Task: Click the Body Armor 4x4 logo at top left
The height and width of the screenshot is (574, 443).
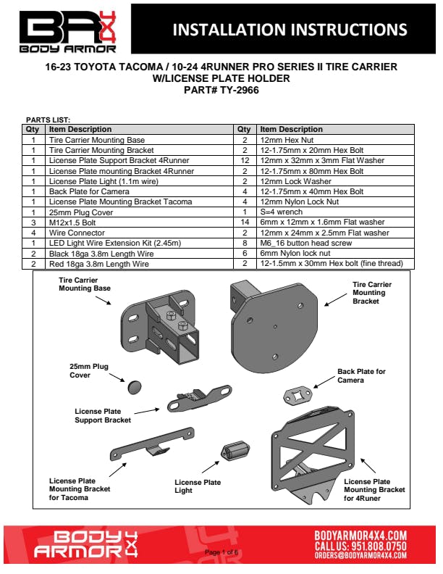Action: (67, 32)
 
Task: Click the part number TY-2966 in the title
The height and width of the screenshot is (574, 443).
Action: (240, 90)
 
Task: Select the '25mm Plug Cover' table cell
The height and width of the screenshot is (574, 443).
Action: (139, 212)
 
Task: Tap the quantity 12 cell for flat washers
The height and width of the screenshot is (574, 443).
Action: (245, 160)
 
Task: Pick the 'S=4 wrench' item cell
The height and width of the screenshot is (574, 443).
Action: (335, 212)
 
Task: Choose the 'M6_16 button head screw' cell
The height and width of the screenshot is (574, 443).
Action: (335, 243)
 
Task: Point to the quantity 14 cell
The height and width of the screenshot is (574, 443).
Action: (245, 222)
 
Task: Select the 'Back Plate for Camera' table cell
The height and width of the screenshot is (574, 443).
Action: (139, 191)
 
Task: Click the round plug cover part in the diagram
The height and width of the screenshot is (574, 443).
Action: (135, 387)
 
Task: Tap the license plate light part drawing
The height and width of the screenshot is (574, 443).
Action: (235, 450)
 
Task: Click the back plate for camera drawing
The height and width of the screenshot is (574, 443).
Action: (298, 396)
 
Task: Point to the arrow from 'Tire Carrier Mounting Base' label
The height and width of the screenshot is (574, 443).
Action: (103, 300)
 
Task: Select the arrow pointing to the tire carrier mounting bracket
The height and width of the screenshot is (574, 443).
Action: (336, 299)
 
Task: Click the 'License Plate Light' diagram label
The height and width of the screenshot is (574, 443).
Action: (198, 486)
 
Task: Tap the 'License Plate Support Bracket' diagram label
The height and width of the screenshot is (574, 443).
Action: (103, 415)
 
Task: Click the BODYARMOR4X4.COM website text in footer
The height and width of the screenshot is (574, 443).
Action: (360, 536)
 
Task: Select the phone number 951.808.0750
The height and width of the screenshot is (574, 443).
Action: (379, 546)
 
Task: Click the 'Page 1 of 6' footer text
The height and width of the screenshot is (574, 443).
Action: (221, 552)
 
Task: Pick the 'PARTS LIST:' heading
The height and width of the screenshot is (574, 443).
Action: (48, 120)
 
